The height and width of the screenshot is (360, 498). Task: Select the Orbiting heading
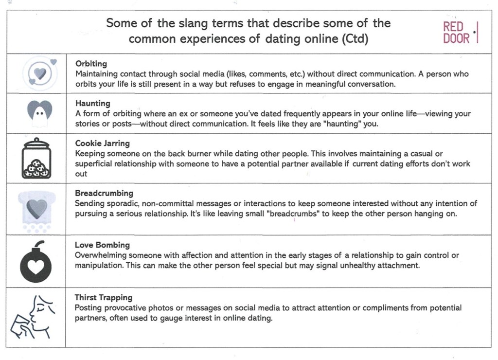coord(91,64)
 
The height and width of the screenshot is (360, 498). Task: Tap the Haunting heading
coord(92,103)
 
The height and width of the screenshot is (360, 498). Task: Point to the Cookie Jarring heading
coord(103,143)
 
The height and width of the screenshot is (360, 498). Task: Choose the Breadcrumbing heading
coord(104,193)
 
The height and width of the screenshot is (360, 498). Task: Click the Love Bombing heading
coord(102,245)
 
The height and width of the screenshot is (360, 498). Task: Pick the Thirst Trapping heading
coord(103,297)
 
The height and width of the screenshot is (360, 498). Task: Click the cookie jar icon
coord(36,159)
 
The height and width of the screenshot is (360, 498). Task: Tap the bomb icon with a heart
coord(36,263)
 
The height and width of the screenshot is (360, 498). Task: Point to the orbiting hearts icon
coord(40,73)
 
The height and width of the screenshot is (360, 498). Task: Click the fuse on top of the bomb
coord(41,242)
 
